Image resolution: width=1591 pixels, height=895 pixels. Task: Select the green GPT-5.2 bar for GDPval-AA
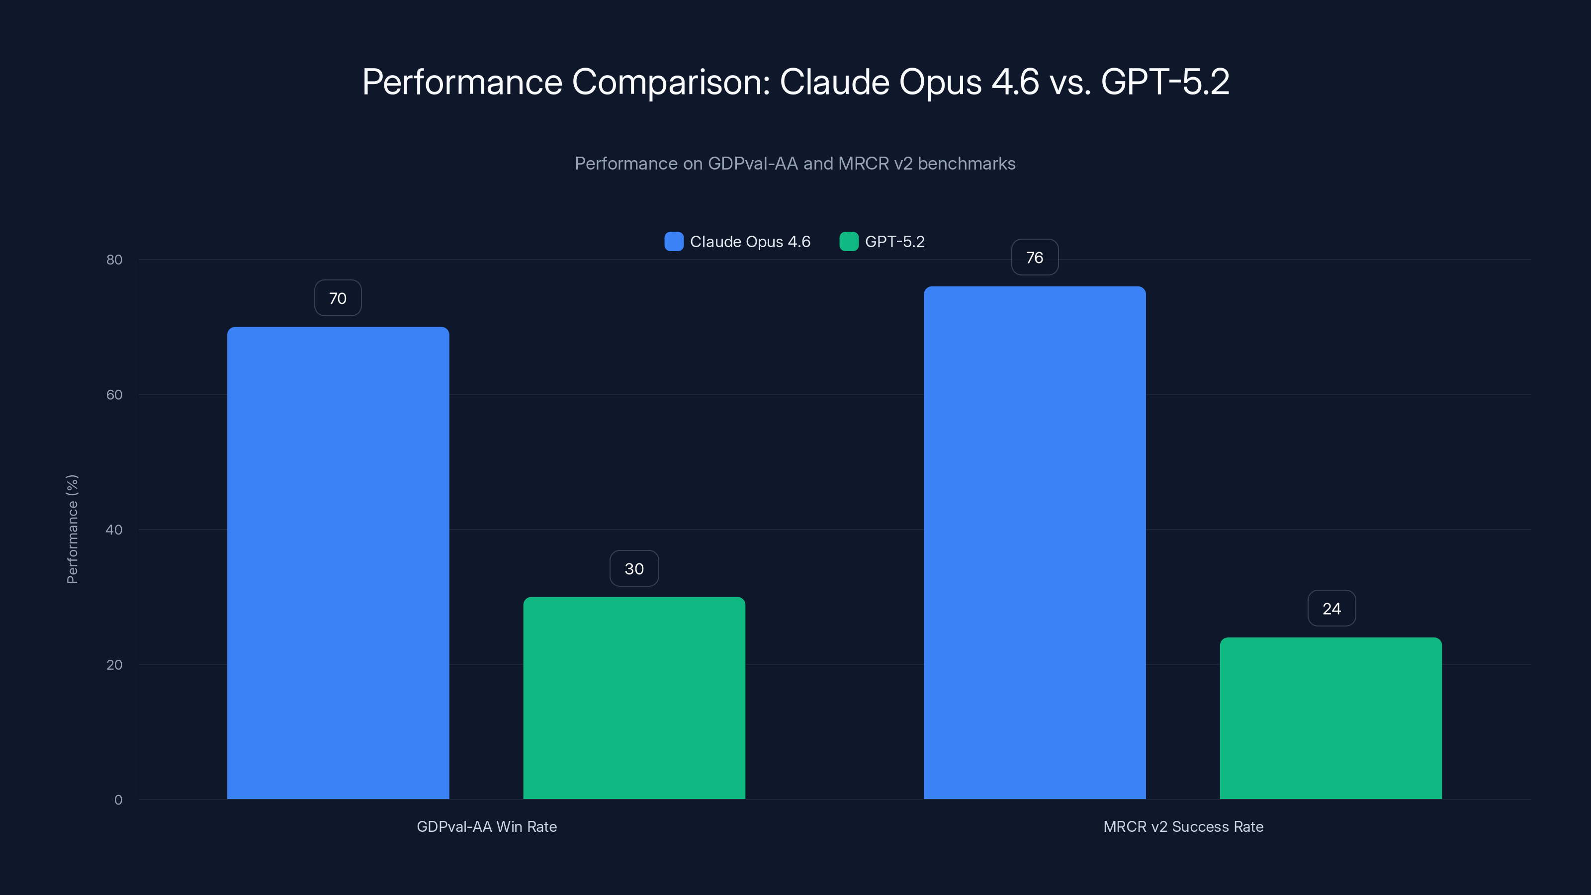(x=634, y=698)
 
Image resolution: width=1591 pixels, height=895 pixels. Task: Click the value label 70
(x=338, y=298)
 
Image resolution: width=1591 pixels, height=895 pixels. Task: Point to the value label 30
(x=634, y=569)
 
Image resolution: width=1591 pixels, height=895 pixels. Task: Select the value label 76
(x=1035, y=258)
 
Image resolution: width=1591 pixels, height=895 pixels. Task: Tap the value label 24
(x=1331, y=609)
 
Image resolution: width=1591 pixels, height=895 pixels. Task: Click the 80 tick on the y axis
(x=114, y=260)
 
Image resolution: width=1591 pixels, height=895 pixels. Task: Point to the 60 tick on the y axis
(x=114, y=395)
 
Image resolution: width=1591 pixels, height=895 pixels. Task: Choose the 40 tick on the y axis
(x=114, y=530)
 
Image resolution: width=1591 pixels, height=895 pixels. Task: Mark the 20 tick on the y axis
(x=114, y=665)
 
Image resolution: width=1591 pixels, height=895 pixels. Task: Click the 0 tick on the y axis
(x=118, y=800)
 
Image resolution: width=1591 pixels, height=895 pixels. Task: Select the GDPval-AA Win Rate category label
(x=487, y=826)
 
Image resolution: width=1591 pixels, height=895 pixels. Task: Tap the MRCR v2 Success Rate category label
(x=1183, y=826)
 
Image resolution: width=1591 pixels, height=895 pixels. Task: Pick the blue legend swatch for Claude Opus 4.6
(x=674, y=242)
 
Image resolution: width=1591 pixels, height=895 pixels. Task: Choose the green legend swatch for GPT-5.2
(x=849, y=242)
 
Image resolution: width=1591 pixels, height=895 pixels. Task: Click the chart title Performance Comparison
(x=795, y=82)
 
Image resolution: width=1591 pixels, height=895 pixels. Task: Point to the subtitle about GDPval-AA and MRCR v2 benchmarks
(x=795, y=163)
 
